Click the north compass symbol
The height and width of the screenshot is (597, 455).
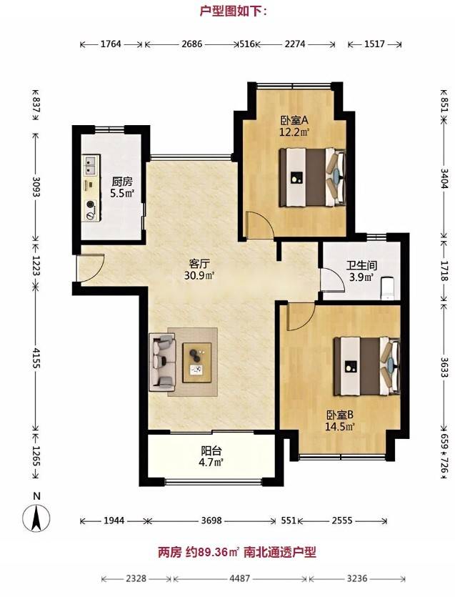tap(36, 518)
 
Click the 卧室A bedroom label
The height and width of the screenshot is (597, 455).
tap(294, 121)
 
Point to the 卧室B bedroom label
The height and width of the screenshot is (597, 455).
tap(340, 415)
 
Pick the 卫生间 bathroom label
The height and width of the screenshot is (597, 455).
tap(361, 265)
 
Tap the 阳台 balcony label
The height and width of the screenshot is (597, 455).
tap(211, 451)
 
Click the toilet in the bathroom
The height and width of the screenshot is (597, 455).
tap(388, 287)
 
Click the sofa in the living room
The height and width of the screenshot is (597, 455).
tap(162, 362)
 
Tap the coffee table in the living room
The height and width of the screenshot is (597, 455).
tap(197, 362)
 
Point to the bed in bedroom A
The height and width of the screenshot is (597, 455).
tap(313, 177)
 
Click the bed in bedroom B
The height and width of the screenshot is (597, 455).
tap(367, 367)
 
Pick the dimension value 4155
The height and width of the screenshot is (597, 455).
tap(36, 357)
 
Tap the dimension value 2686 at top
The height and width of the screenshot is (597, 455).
tap(191, 44)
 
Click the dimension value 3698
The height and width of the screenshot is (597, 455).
tap(211, 520)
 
